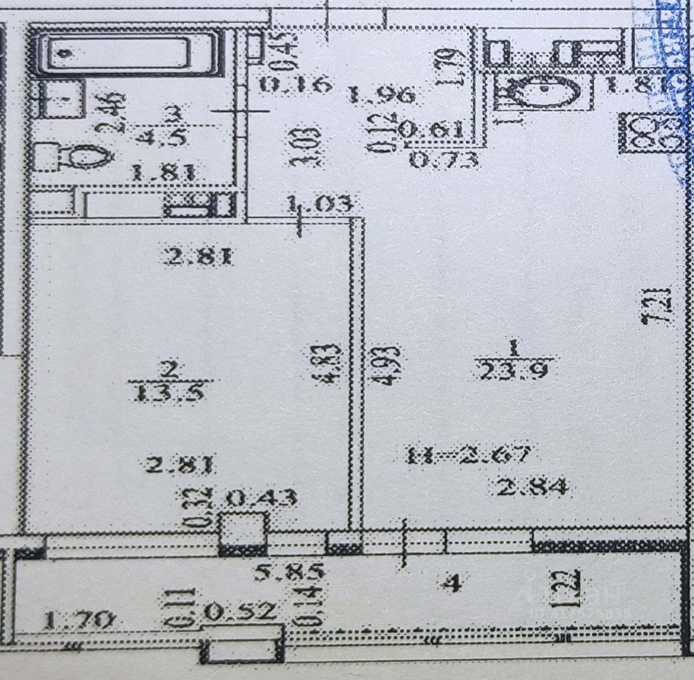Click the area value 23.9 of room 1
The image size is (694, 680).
(513, 372)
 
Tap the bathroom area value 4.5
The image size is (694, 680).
(161, 137)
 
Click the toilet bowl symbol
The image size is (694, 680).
(76, 157)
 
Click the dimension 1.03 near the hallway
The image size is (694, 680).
(320, 204)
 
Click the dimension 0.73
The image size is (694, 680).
(444, 160)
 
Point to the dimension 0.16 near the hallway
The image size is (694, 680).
(295, 85)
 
